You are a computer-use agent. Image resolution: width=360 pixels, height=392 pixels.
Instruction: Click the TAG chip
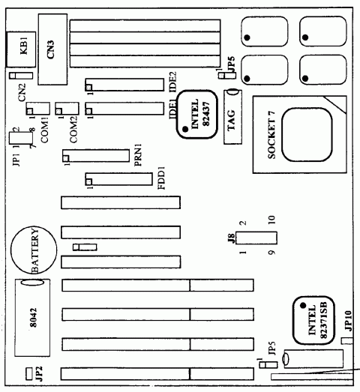(232, 116)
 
